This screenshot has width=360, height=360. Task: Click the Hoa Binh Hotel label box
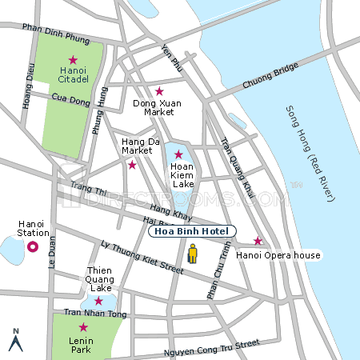tap(192, 231)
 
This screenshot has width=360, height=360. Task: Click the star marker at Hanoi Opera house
tap(258, 241)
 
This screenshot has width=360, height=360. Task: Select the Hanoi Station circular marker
tap(33, 247)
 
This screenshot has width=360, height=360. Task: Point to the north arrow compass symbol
tap(14, 340)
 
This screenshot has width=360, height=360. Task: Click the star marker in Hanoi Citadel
tap(73, 60)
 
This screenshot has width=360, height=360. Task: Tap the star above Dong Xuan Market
tap(159, 91)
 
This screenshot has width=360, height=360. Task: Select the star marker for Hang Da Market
tap(132, 165)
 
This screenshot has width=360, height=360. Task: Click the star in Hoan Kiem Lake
tap(178, 154)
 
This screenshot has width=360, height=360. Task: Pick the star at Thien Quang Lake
tap(98, 301)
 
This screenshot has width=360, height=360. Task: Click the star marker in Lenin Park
tap(83, 327)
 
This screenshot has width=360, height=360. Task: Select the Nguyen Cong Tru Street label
tap(211, 348)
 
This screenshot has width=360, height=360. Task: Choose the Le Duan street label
tap(53, 250)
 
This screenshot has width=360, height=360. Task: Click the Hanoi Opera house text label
tap(278, 255)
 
